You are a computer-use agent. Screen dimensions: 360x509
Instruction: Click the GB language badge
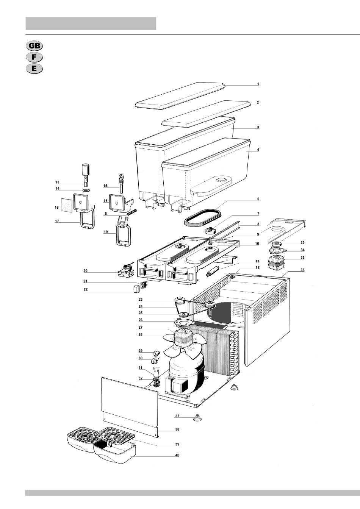[x=34, y=46]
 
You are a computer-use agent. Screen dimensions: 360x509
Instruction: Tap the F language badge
[x=34, y=57]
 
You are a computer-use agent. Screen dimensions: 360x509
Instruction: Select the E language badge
[x=34, y=69]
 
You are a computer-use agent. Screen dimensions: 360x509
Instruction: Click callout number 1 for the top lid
[x=258, y=84]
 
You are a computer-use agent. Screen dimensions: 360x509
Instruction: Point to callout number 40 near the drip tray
[x=177, y=455]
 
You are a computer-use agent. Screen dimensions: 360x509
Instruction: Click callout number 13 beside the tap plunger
[x=57, y=182]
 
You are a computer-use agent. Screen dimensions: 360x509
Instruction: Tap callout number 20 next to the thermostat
[x=86, y=271]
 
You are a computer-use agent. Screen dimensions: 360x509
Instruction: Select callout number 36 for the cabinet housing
[x=302, y=270]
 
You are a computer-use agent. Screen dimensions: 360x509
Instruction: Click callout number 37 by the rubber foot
[x=177, y=416]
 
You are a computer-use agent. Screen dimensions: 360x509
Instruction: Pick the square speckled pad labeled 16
[x=67, y=205]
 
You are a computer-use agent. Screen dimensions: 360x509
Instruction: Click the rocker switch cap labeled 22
[x=136, y=289]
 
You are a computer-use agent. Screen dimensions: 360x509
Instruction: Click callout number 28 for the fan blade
[x=140, y=334]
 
